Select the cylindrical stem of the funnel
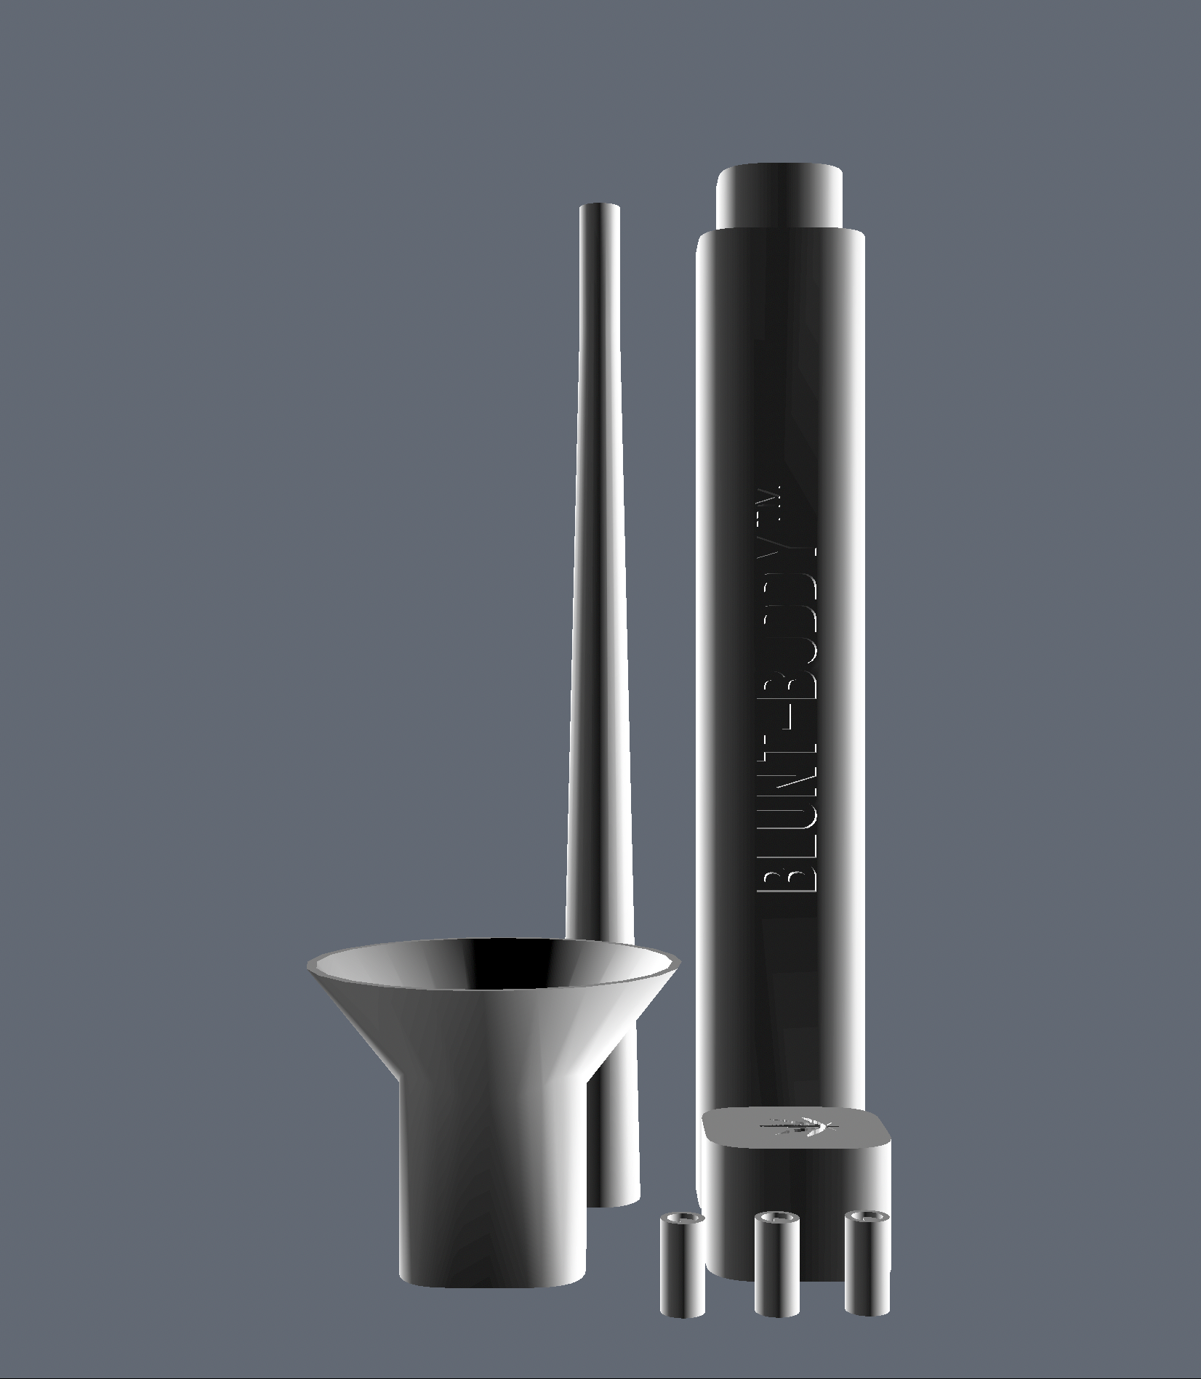click(493, 1192)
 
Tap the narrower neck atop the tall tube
click(779, 196)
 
